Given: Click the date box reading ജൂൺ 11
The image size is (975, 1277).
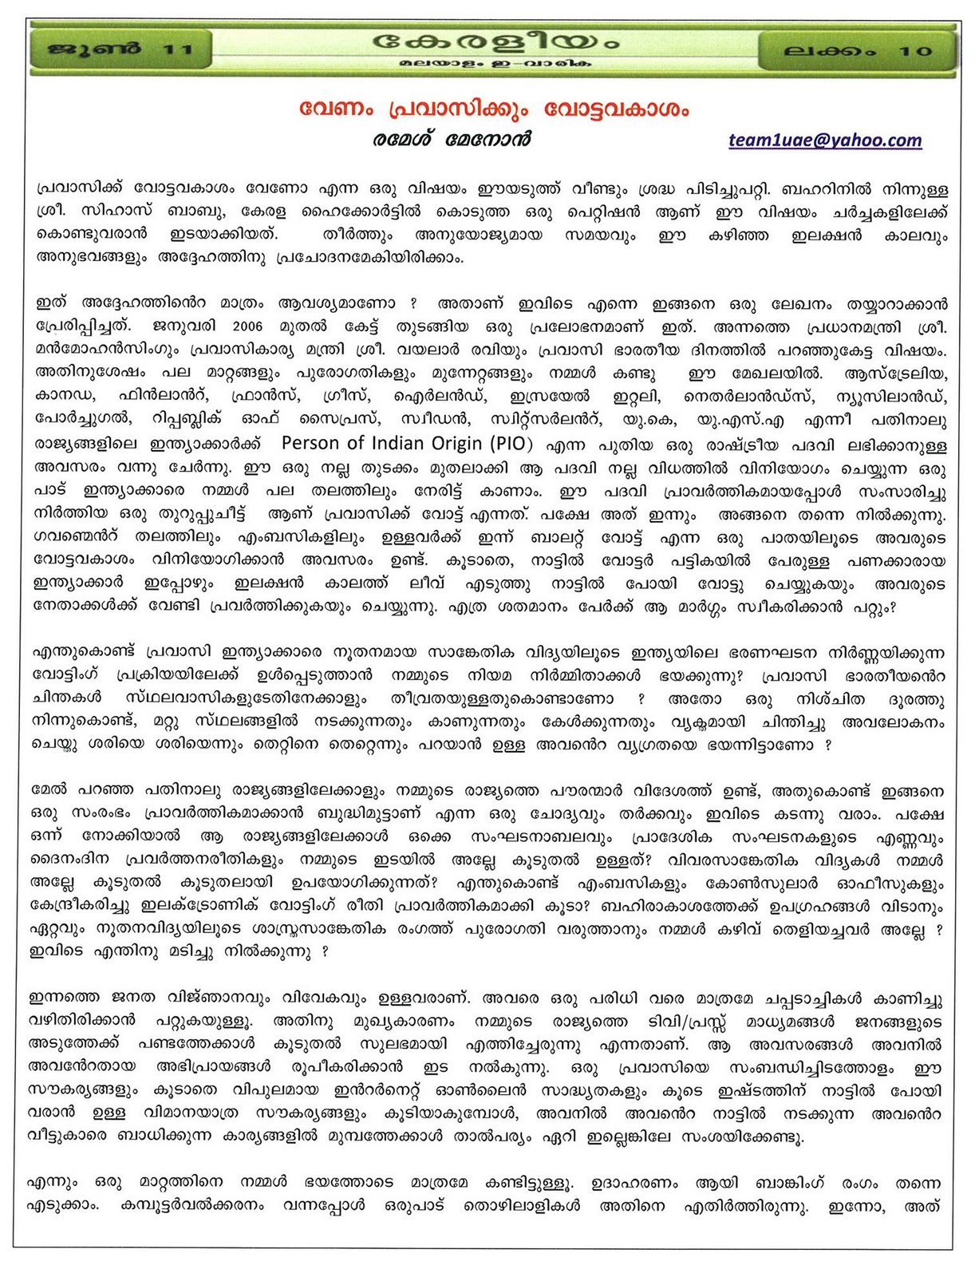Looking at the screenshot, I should click(120, 49).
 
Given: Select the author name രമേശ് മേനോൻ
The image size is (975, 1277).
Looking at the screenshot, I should click(451, 140).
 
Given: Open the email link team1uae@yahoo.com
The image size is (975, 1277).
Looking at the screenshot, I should click(824, 140).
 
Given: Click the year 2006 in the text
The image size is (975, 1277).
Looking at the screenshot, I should click(247, 327).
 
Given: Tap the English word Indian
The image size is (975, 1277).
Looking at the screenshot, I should click(432, 443).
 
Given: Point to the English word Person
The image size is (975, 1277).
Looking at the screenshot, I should click(322, 443).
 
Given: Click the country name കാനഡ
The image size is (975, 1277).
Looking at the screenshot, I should click(65, 396).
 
